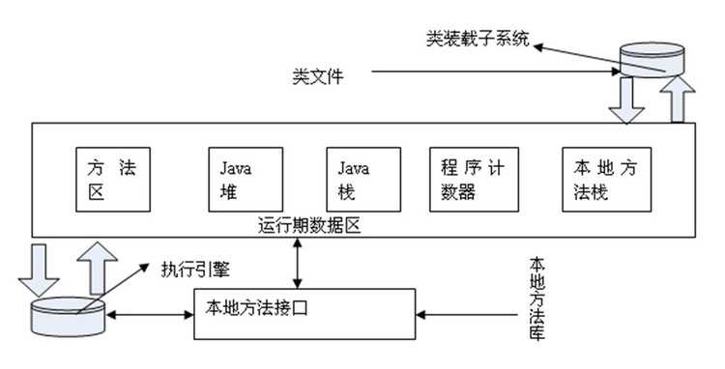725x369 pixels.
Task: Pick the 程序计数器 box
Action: click(x=468, y=181)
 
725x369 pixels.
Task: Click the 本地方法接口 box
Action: click(x=305, y=311)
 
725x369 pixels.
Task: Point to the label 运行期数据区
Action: click(x=304, y=229)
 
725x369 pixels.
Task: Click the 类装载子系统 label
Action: click(x=478, y=40)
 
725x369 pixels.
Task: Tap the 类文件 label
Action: click(x=317, y=73)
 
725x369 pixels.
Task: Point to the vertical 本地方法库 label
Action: click(x=536, y=298)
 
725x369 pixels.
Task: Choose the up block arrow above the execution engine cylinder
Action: click(x=96, y=270)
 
